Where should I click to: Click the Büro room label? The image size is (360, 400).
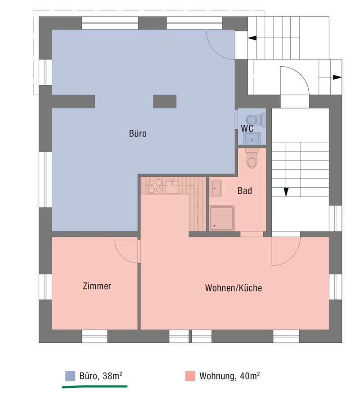[x=138, y=133]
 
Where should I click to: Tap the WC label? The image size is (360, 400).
[x=247, y=128]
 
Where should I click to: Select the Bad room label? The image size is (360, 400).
[x=244, y=191]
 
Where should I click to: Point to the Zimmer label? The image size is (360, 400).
[x=97, y=286]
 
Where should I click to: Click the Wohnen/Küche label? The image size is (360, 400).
[x=233, y=288]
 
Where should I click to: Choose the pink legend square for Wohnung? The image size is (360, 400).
[x=190, y=376]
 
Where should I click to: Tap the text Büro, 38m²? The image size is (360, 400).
[x=100, y=376]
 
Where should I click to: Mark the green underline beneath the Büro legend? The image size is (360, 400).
[x=94, y=386]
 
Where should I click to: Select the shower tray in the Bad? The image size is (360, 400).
[x=222, y=218]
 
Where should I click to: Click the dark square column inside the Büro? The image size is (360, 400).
[x=164, y=101]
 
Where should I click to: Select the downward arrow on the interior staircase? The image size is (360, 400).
[x=286, y=191]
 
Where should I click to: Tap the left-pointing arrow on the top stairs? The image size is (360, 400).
[x=252, y=38]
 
